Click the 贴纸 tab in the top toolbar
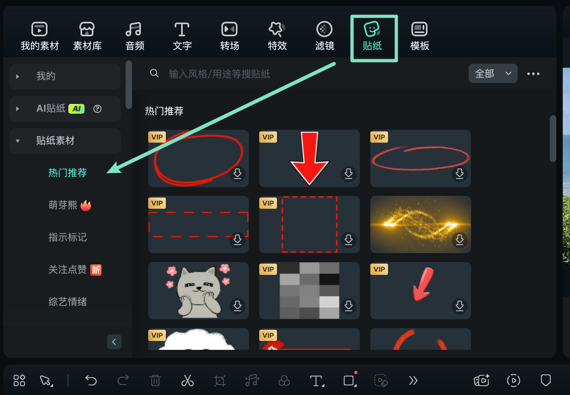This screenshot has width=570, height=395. (372, 37)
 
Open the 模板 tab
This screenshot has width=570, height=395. (419, 37)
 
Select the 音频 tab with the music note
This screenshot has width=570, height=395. (134, 37)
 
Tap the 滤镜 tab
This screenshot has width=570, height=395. (324, 37)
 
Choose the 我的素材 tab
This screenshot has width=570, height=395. (39, 37)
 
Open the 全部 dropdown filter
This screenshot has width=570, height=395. (493, 74)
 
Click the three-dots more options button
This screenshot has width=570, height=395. (533, 74)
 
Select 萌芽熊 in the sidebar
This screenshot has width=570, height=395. (63, 205)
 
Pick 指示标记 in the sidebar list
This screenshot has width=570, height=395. (67, 237)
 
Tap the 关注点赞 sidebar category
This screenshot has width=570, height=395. (68, 270)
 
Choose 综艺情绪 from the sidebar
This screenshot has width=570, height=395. (67, 302)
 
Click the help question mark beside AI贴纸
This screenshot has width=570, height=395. (97, 108)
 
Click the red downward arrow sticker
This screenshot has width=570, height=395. (309, 158)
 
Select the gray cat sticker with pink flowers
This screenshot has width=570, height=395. (198, 291)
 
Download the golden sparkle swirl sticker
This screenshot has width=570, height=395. (460, 239)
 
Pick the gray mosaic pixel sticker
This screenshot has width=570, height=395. (309, 291)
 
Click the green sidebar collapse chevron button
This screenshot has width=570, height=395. (114, 342)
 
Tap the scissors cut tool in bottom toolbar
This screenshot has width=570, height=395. (187, 380)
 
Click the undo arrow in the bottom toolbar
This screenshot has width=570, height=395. (91, 380)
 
